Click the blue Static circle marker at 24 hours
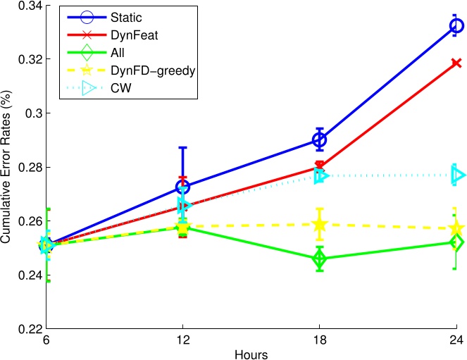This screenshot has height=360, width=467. pos(456,26)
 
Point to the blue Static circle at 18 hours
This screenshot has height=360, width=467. pos(320,140)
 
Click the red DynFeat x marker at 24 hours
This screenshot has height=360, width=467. pos(456,63)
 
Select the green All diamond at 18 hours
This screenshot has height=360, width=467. pos(320,259)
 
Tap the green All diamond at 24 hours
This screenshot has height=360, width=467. pos(456,242)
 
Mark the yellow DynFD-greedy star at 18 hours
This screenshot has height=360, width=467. pos(320,225)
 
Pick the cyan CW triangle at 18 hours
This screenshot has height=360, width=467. pos(321,175)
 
